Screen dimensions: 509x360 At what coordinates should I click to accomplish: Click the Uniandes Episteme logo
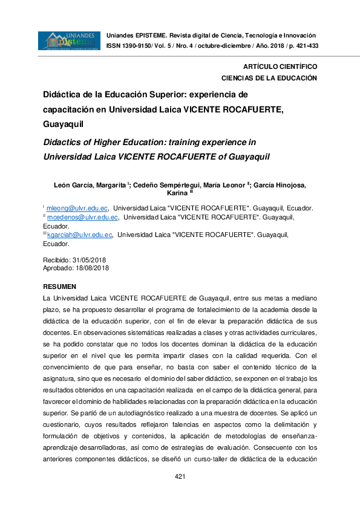[x=69, y=41]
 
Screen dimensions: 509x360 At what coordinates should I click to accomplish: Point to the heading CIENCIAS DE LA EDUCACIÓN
[x=269, y=78]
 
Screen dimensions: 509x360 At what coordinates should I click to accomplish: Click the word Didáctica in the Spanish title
[x=63, y=94]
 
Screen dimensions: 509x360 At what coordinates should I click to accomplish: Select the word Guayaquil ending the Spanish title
[x=62, y=125]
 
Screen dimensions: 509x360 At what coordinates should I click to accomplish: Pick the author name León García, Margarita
[x=99, y=184]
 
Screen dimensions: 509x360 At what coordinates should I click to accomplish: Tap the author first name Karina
[x=177, y=193]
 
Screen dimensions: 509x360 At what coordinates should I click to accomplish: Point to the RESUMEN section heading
[x=59, y=285]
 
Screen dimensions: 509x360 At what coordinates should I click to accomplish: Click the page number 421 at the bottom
[x=180, y=477]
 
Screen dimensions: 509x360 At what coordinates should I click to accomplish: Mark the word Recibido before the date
[x=56, y=259]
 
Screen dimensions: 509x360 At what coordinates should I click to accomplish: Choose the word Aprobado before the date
[x=57, y=267]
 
